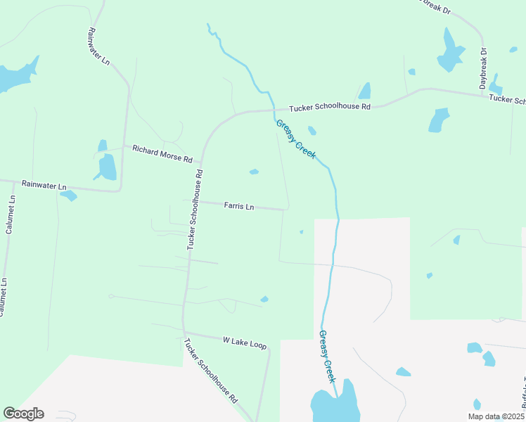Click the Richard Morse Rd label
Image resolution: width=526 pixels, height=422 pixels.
162,153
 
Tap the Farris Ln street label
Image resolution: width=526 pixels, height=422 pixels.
238,206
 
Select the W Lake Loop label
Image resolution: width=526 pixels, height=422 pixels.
245,341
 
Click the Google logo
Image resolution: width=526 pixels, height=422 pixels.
23,414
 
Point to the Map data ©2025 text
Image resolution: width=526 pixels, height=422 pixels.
496,416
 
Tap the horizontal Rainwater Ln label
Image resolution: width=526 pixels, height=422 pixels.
44,186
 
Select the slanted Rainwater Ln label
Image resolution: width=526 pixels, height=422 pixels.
99,46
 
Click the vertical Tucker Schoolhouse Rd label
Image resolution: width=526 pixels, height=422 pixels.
195,210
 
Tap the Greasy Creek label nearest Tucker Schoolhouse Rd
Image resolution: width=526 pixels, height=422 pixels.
295,139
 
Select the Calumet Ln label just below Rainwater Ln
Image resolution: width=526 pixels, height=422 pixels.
10,217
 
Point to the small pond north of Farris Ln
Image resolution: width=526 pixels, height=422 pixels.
254,172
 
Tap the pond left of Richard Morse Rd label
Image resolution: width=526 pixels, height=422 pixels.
108,167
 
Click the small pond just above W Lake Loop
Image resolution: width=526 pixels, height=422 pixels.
264,300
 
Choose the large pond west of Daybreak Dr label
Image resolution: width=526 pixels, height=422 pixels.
449,53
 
